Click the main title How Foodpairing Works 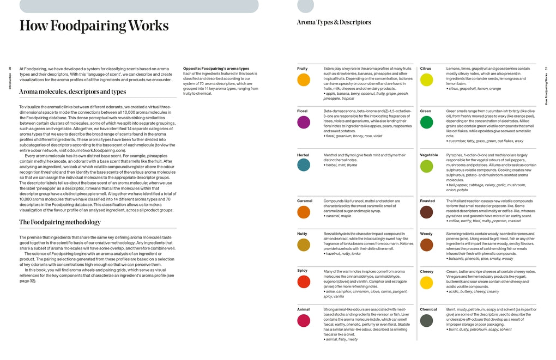point(94,26)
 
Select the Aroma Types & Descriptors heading point(334,22)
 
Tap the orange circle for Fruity point(304,80)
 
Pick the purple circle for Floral point(304,123)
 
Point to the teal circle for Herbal point(304,164)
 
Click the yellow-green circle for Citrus point(426,80)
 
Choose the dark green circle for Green point(426,123)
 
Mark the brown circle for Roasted point(426,212)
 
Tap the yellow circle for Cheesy point(426,283)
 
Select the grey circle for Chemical point(426,321)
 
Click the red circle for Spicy point(304,282)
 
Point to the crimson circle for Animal point(304,321)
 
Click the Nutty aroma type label point(303,234)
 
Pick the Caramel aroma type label point(305,201)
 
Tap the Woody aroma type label point(426,234)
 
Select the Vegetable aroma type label point(429,155)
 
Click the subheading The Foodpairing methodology point(60,222)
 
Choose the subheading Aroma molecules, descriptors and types point(72,92)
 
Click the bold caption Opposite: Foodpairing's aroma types point(216,69)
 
